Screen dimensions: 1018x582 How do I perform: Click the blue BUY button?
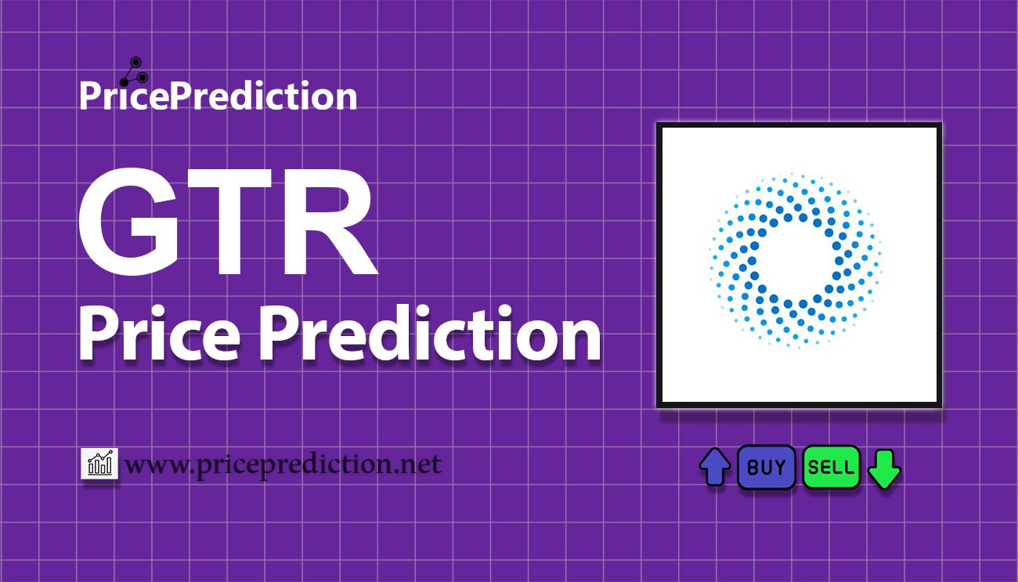coord(766,467)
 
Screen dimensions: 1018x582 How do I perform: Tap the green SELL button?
coord(831,467)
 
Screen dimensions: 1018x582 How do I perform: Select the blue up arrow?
coord(715,467)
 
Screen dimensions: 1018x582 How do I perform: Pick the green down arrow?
coord(884,469)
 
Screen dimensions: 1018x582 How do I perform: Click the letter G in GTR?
coord(128,222)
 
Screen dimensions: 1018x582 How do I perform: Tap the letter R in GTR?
coord(335,222)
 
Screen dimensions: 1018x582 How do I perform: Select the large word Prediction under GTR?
coord(430,333)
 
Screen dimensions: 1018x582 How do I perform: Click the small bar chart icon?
coord(99,463)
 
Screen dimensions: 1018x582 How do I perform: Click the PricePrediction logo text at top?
coord(218,96)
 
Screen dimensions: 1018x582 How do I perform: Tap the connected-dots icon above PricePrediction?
coord(134,71)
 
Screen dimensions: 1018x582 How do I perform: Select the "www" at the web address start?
coord(154,467)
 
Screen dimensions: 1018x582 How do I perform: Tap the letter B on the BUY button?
coord(752,467)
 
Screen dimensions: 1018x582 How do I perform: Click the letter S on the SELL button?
coord(814,467)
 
